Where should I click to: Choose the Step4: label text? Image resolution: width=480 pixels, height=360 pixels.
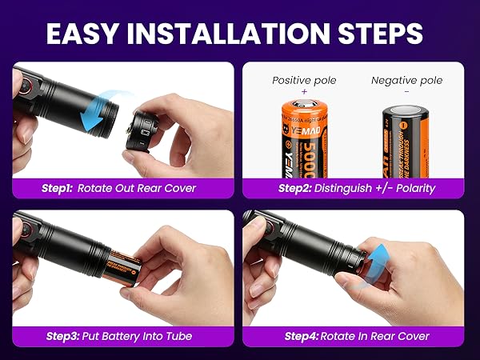point(304,336)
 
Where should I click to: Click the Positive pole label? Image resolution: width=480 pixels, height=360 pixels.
point(304,80)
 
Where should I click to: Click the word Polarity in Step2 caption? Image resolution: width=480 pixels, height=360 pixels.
point(407,189)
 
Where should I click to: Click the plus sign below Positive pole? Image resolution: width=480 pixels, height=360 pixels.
point(304,92)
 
